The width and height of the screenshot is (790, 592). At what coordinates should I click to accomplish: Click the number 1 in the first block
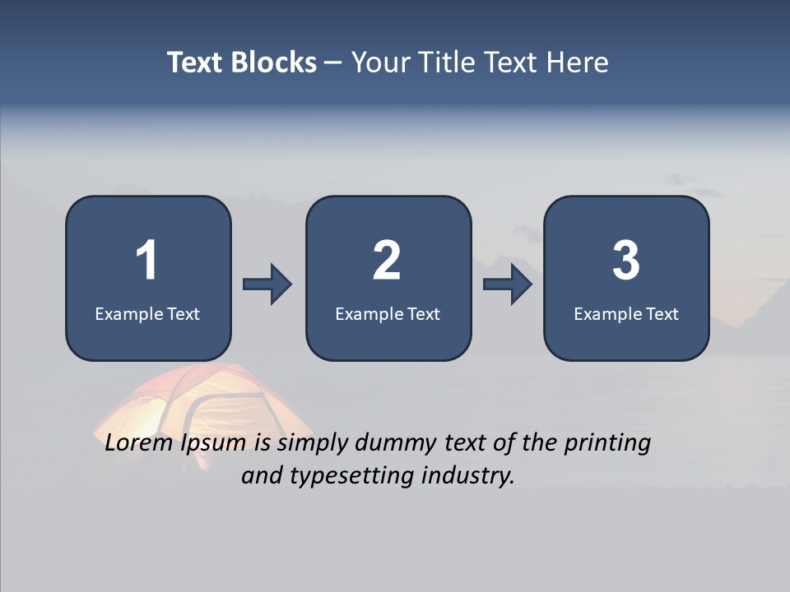146,261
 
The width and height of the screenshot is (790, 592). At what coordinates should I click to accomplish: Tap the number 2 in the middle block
387,261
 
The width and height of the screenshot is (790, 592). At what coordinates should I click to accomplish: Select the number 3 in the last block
626,261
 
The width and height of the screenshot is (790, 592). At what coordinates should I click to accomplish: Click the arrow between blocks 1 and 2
267,284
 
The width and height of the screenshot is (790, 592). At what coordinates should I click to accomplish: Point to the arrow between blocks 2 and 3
508,284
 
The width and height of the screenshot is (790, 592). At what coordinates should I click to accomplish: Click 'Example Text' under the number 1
147,313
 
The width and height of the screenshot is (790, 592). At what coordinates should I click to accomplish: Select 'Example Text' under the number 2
388,313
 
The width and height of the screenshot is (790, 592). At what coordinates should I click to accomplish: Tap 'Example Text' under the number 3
626,313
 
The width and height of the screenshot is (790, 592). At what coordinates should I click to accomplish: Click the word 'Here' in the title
579,62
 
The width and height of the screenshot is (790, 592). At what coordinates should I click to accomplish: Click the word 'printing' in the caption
607,444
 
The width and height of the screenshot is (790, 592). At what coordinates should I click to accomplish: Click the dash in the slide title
333,62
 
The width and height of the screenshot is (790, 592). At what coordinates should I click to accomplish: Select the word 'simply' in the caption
313,444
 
